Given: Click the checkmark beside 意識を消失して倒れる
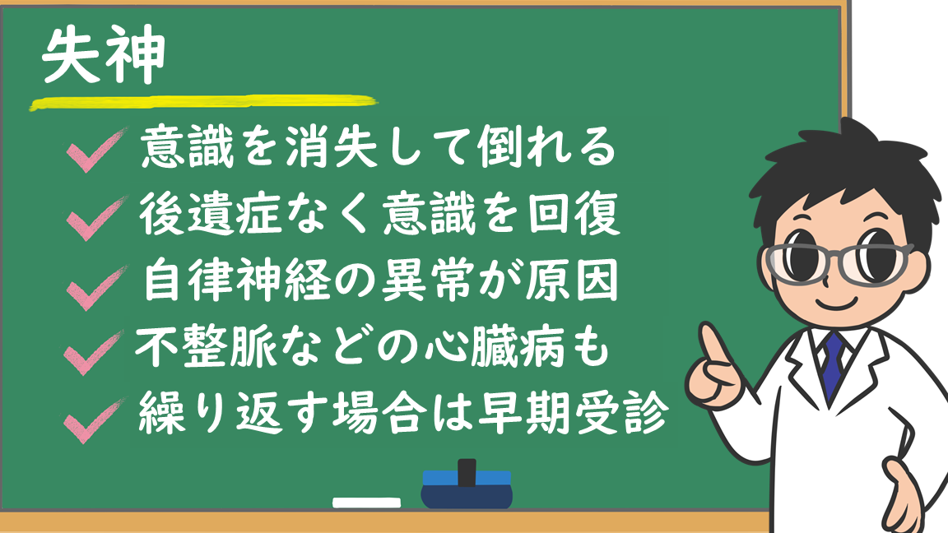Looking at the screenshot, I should (x=95, y=151).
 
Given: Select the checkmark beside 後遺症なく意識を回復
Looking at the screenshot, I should (x=95, y=219).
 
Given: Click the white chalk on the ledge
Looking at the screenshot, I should (x=366, y=502).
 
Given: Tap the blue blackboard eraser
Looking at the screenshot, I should (x=466, y=489).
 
